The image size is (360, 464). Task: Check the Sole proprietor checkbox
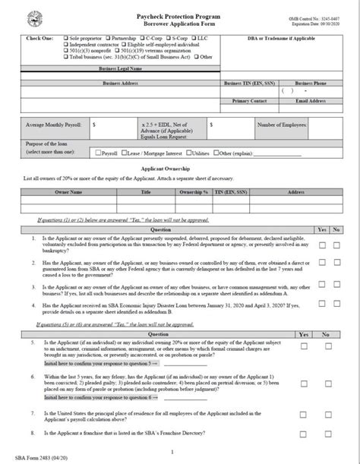point(65,36)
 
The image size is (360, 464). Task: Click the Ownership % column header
point(194,193)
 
